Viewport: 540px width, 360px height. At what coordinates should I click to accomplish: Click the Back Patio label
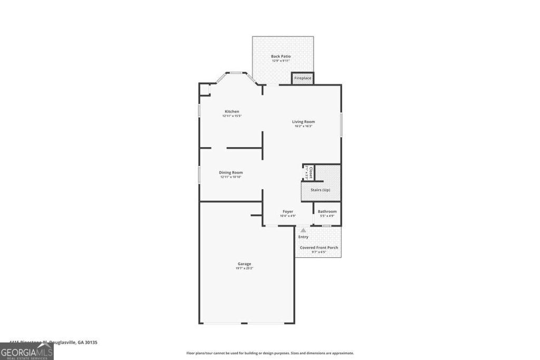click(x=281, y=56)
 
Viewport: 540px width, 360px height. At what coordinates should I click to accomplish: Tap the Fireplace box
click(x=303, y=78)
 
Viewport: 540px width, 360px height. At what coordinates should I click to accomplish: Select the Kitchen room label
click(x=232, y=111)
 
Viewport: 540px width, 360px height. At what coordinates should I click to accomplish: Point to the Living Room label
click(x=304, y=122)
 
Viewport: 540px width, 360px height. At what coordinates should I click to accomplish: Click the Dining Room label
click(x=231, y=172)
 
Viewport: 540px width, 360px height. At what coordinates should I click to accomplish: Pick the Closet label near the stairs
click(x=311, y=173)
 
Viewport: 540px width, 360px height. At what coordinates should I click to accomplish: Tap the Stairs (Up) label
click(x=320, y=190)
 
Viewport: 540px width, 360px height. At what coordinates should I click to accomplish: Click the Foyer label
click(x=287, y=211)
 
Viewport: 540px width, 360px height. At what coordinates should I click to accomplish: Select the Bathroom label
click(x=327, y=211)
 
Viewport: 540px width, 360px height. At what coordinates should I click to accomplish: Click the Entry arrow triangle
click(x=303, y=230)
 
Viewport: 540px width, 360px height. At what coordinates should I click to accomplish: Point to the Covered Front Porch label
click(x=319, y=248)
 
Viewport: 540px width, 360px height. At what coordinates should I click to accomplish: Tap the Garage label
click(x=244, y=264)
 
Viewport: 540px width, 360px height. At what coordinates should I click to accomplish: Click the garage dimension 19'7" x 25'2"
click(x=244, y=268)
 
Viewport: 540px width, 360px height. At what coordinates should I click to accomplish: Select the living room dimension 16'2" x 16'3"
click(x=304, y=126)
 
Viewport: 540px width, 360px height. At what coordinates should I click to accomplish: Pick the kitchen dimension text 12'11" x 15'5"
click(x=232, y=116)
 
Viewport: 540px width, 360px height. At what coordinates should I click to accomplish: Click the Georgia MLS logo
click(x=27, y=352)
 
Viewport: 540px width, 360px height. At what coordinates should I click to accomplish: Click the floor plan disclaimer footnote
click(x=270, y=353)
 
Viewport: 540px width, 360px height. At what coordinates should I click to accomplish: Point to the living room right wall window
click(x=341, y=125)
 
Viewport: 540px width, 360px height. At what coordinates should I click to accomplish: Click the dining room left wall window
click(x=199, y=175)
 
